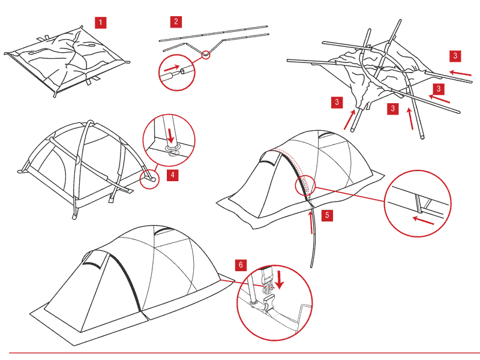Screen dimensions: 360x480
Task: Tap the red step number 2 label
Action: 175,22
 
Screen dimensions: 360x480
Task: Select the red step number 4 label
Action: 172,175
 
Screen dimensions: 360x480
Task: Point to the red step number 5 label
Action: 327,215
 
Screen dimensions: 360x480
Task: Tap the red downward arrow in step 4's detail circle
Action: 170,133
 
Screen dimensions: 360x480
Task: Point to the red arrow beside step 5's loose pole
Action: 310,223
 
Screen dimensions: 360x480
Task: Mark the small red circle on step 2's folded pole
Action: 206,54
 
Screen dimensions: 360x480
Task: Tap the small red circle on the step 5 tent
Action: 304,187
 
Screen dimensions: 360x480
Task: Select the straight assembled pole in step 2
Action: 213,32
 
